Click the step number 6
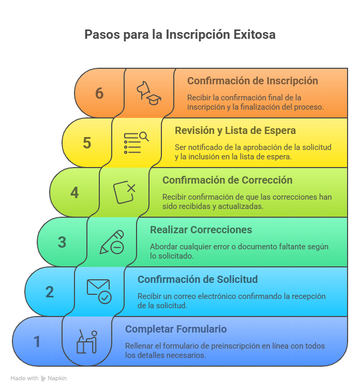point(99,93)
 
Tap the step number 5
point(87,143)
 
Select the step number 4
point(74,192)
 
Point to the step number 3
point(62,242)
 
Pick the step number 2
point(50,292)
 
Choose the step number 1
point(37,341)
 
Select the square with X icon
point(124,192)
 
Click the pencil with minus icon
point(112,242)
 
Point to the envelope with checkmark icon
point(99,292)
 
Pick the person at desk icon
point(87,341)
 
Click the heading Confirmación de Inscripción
point(252,81)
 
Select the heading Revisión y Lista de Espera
point(235,131)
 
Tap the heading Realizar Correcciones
point(201,230)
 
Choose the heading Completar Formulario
point(176,329)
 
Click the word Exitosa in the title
point(254,35)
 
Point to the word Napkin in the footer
point(58,378)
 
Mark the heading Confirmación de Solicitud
point(198,280)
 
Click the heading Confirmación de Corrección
point(227,181)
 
